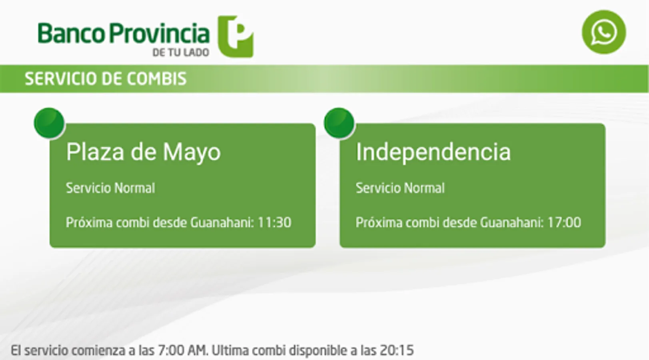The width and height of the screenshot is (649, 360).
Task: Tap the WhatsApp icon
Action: (604, 32)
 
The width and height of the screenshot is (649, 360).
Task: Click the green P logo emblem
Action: (236, 36)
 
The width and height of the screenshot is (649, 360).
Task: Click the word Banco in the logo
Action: (71, 33)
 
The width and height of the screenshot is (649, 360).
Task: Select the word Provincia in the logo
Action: (159, 34)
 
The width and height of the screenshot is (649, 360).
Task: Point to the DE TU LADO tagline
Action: (181, 52)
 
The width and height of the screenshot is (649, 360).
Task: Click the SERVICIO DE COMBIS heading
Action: (106, 78)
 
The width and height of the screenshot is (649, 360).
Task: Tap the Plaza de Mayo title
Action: (144, 152)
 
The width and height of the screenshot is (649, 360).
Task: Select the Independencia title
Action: (433, 152)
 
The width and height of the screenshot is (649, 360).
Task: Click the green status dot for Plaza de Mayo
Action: (49, 123)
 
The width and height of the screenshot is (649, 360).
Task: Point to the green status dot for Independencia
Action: (339, 123)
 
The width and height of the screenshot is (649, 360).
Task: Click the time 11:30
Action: (274, 223)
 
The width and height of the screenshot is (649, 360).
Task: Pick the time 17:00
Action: (564, 223)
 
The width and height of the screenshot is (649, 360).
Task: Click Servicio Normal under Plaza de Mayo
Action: (110, 188)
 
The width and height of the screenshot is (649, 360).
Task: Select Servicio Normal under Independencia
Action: (400, 188)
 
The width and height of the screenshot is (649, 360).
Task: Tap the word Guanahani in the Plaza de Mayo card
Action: (222, 223)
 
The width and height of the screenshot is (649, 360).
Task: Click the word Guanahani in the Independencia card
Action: (512, 223)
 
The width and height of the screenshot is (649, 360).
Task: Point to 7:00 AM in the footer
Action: (183, 350)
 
